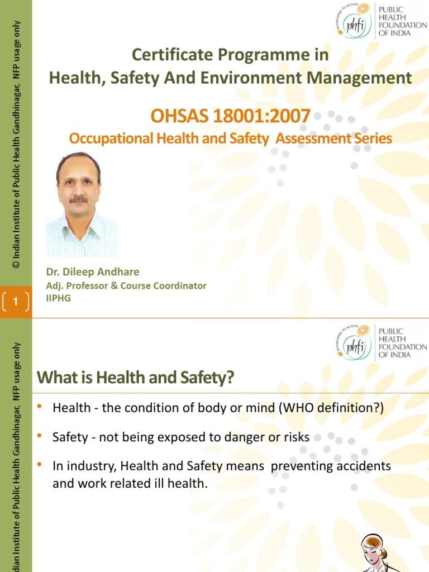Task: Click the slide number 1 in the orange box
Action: pos(16,302)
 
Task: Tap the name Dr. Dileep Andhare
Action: pos(93,272)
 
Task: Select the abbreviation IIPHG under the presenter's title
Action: pos(59,298)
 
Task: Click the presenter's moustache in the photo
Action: pos(79,199)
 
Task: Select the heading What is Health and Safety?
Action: pos(135,378)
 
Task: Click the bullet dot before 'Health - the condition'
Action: pos(40,406)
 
